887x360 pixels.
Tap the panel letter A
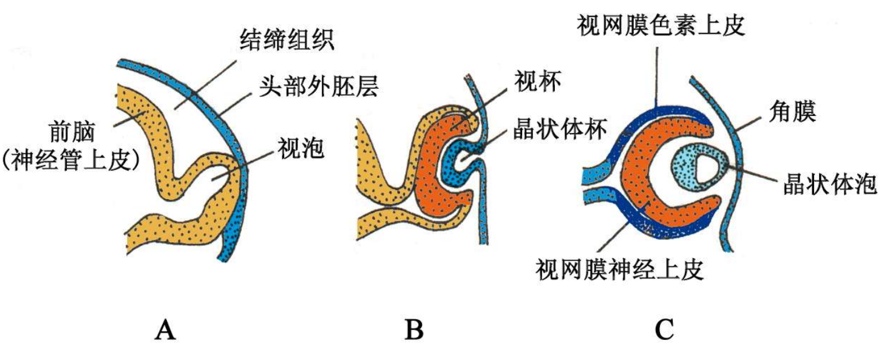coord(165,331)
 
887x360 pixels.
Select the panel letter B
coord(414,331)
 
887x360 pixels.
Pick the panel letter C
coord(664,331)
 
